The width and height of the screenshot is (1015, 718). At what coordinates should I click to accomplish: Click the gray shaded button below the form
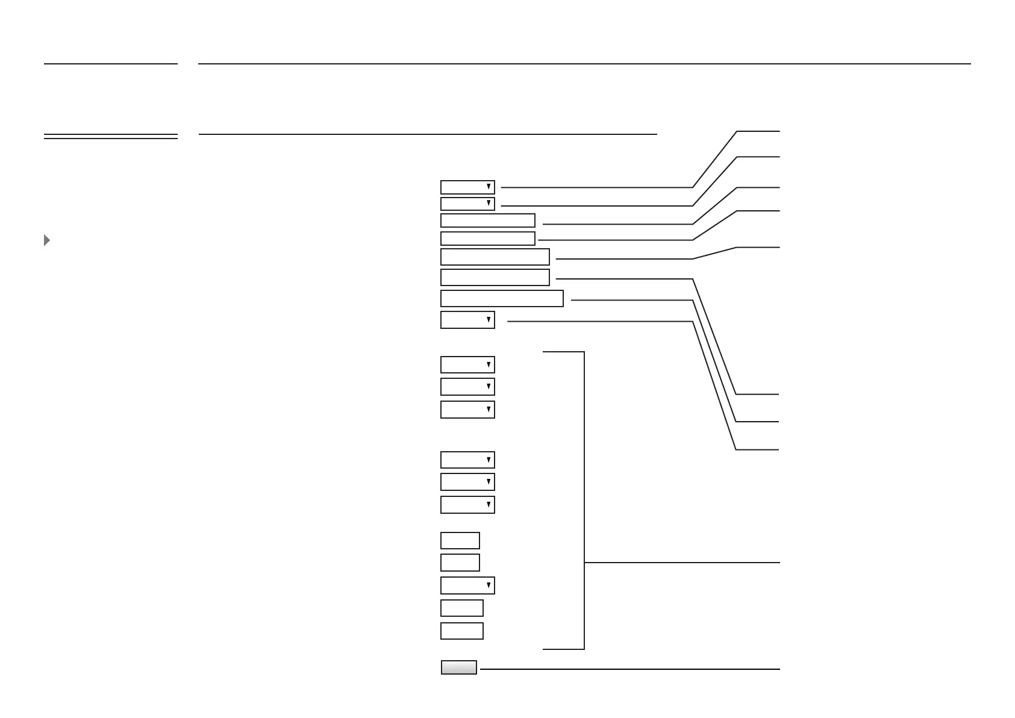(x=458, y=667)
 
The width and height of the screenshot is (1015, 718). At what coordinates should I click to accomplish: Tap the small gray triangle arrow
(x=47, y=240)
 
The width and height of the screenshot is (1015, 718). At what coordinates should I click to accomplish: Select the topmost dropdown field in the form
(x=467, y=187)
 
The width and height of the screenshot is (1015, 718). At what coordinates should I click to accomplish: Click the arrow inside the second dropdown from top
(x=489, y=204)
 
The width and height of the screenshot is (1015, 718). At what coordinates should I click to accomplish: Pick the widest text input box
(x=502, y=299)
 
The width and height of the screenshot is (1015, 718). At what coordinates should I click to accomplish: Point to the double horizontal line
(x=110, y=137)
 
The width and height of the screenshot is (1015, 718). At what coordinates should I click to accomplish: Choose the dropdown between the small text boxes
(x=467, y=585)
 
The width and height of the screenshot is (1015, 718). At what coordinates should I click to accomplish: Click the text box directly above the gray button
(x=461, y=631)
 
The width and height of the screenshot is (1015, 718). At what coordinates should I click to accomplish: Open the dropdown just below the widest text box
(x=467, y=320)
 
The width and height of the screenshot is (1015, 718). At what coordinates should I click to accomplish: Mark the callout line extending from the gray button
(x=629, y=669)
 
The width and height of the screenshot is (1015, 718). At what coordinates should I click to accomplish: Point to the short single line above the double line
(x=110, y=63)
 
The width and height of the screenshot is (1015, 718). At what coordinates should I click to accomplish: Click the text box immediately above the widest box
(x=495, y=277)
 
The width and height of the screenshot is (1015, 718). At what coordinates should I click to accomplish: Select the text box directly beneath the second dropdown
(x=487, y=220)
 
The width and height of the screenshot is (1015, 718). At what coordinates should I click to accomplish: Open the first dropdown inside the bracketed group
(x=467, y=365)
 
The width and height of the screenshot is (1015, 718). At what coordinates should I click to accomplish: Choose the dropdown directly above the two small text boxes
(x=467, y=505)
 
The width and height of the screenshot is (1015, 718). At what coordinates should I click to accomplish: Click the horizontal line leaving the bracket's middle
(x=681, y=563)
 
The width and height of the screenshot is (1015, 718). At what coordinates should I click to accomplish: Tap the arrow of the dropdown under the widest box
(x=489, y=320)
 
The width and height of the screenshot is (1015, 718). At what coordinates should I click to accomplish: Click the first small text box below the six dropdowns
(x=460, y=540)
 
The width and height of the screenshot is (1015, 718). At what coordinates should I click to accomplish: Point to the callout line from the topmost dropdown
(x=596, y=187)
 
